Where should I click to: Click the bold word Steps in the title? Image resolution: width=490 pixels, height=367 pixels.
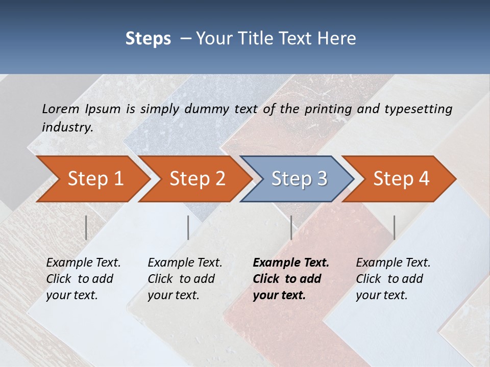(x=148, y=39)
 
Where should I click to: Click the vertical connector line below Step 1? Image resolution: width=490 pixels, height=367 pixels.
(x=86, y=227)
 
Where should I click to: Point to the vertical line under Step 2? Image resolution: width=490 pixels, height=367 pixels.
(x=188, y=227)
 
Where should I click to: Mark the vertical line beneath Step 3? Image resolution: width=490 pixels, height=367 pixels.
(x=291, y=227)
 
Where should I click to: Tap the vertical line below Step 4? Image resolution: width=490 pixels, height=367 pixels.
(x=394, y=227)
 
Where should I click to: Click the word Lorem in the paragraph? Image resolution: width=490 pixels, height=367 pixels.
(x=61, y=109)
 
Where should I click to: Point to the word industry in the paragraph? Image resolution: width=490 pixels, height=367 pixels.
(x=67, y=127)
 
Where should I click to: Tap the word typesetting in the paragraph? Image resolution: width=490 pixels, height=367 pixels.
(x=419, y=109)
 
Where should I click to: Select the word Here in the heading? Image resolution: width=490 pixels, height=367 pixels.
(x=337, y=39)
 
